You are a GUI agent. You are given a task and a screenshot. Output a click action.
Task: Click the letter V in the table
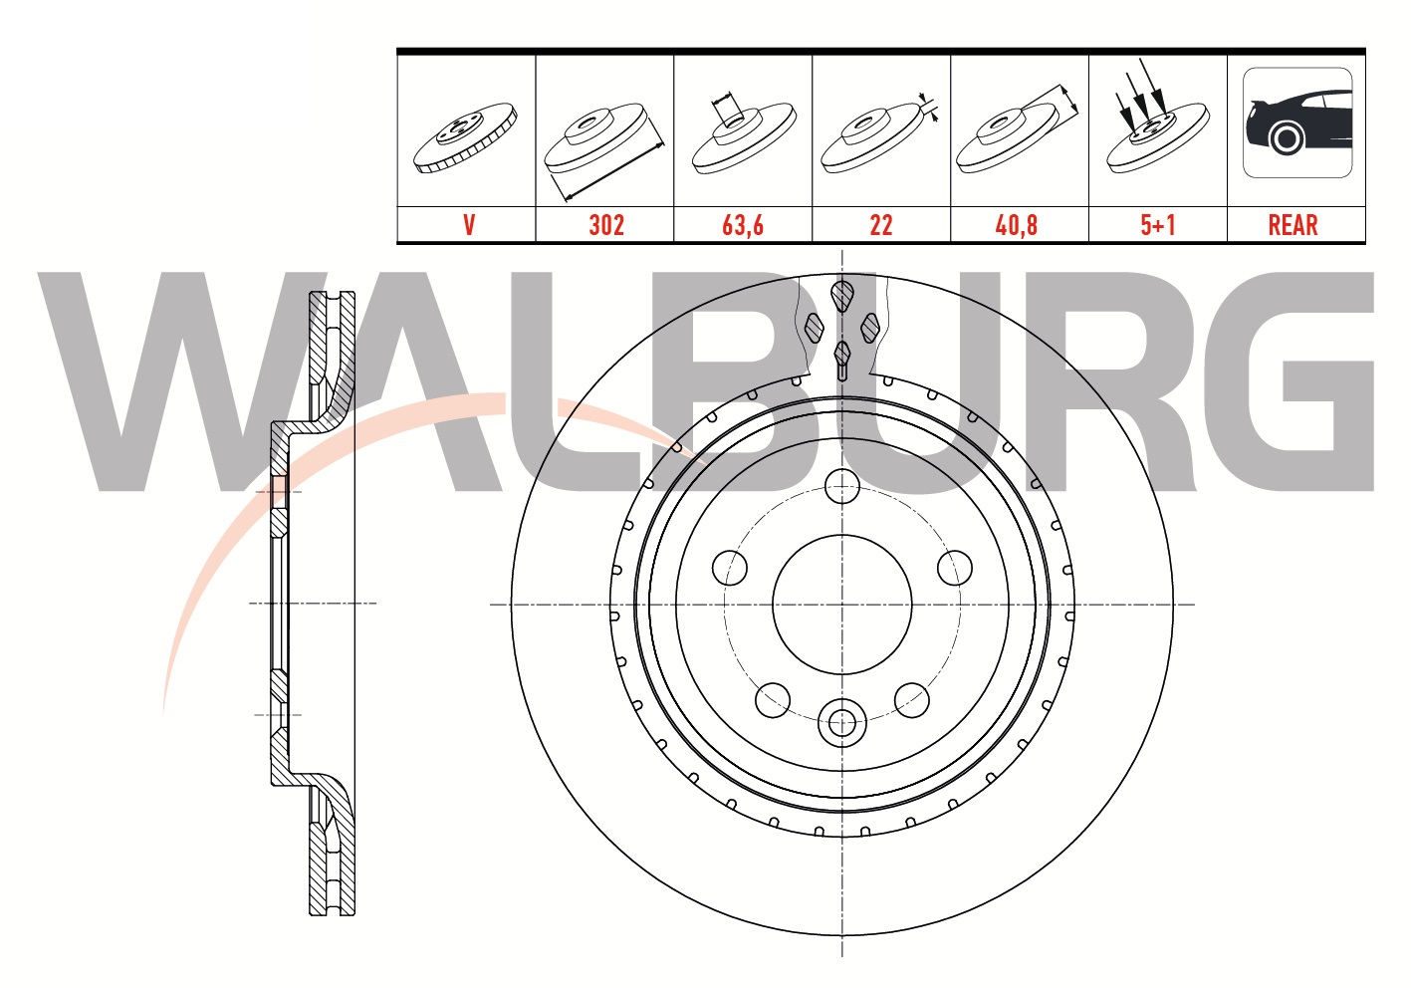(468, 225)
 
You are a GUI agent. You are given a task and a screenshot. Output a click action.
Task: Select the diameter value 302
(605, 225)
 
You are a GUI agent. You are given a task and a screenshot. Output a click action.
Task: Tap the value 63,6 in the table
(743, 225)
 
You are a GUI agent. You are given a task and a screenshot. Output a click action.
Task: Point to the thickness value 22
(881, 225)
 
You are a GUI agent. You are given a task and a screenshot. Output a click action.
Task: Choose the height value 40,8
(1017, 225)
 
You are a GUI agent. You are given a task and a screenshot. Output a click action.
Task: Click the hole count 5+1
(1157, 225)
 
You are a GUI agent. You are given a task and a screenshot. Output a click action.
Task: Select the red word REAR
(1293, 225)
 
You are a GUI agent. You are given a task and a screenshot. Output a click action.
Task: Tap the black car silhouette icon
(1297, 123)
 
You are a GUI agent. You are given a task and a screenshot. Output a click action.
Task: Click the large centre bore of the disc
(842, 604)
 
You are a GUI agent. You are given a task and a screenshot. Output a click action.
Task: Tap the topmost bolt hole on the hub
(842, 487)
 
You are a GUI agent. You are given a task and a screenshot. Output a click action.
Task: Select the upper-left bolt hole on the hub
(730, 568)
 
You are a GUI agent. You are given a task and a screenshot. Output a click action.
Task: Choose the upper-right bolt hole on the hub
(955, 568)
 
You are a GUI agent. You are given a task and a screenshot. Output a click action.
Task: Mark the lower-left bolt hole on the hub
(773, 700)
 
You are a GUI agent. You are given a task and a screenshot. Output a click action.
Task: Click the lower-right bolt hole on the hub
(912, 700)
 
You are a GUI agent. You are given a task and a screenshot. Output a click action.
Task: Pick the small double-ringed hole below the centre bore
(842, 723)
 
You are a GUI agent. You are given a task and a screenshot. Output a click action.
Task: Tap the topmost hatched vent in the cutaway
(842, 296)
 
